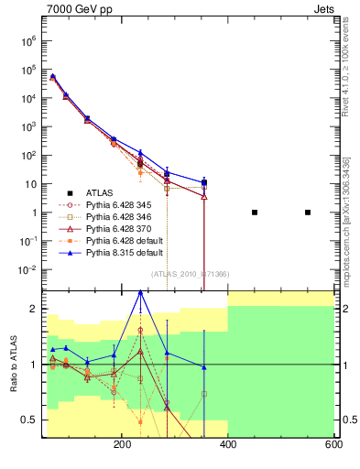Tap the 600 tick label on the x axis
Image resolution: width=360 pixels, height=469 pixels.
[x=333, y=445]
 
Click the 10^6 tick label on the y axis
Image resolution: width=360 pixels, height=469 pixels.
[x=26, y=41]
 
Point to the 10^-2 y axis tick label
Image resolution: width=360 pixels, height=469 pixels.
[x=26, y=270]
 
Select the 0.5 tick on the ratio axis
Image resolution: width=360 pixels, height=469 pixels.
[x=28, y=420]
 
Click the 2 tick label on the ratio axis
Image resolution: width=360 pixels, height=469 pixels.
[x=32, y=309]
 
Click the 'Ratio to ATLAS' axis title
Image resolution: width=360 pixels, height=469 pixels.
[x=12, y=365]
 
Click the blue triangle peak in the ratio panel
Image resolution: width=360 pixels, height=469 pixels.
[x=140, y=291]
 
